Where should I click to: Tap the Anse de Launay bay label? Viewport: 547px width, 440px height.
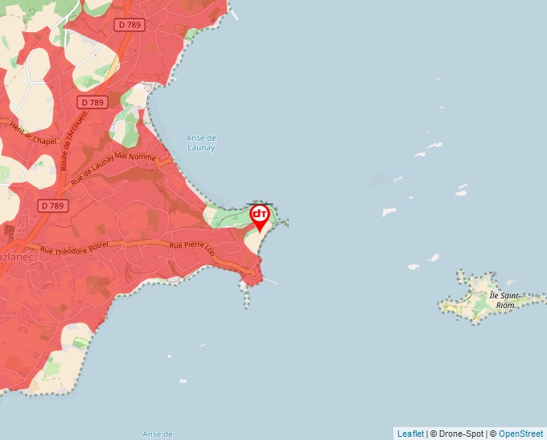click(x=201, y=142)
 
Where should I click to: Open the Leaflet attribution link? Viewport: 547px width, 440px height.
click(x=410, y=434)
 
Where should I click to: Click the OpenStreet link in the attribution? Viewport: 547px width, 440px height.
click(x=521, y=434)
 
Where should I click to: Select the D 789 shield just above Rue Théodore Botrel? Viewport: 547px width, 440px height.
click(x=53, y=206)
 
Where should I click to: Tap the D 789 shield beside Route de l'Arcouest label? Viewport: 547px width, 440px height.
click(x=93, y=102)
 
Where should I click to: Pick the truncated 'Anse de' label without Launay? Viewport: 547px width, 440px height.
click(x=157, y=434)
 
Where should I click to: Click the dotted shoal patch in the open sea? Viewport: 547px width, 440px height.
click(x=378, y=180)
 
